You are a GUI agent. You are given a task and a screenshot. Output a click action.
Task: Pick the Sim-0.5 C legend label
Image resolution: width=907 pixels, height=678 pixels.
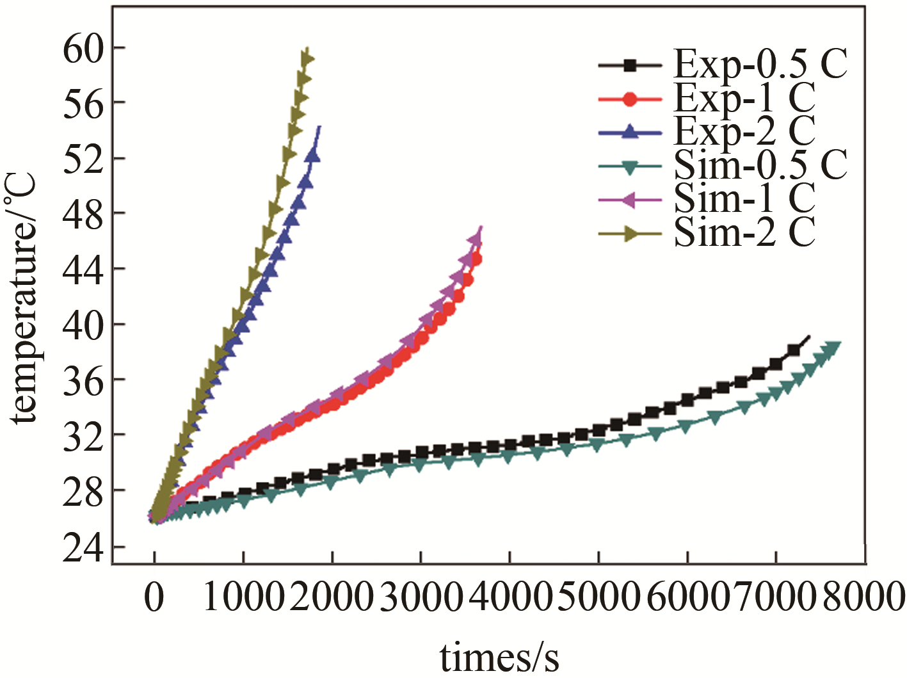[x=760, y=165]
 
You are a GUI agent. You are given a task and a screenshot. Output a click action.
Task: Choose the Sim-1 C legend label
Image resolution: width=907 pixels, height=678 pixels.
[x=744, y=198]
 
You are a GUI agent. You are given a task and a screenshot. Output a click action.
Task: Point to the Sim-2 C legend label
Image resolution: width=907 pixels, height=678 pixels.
[x=744, y=232]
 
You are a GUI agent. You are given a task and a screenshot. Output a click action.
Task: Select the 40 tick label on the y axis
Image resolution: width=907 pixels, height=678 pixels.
[x=83, y=325]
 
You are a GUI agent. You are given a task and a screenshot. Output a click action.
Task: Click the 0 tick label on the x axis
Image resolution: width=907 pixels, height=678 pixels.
[x=154, y=598]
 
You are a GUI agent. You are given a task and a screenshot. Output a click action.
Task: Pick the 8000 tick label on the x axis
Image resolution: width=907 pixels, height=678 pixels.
[x=863, y=598]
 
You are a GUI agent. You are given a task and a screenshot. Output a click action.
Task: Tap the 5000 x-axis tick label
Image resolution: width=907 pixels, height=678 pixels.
[x=598, y=598]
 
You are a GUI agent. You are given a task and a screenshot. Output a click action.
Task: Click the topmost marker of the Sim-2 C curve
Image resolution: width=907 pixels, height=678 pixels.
[x=307, y=59]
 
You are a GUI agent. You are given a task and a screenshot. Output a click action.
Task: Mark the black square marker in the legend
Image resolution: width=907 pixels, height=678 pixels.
[x=630, y=65]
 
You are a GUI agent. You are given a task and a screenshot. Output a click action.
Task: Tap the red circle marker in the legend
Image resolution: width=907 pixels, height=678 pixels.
[x=630, y=99]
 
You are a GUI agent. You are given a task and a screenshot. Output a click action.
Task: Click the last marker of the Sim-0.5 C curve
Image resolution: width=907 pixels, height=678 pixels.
[x=832, y=348]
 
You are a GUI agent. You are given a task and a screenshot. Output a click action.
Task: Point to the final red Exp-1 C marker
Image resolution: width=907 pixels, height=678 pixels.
[x=476, y=259]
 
